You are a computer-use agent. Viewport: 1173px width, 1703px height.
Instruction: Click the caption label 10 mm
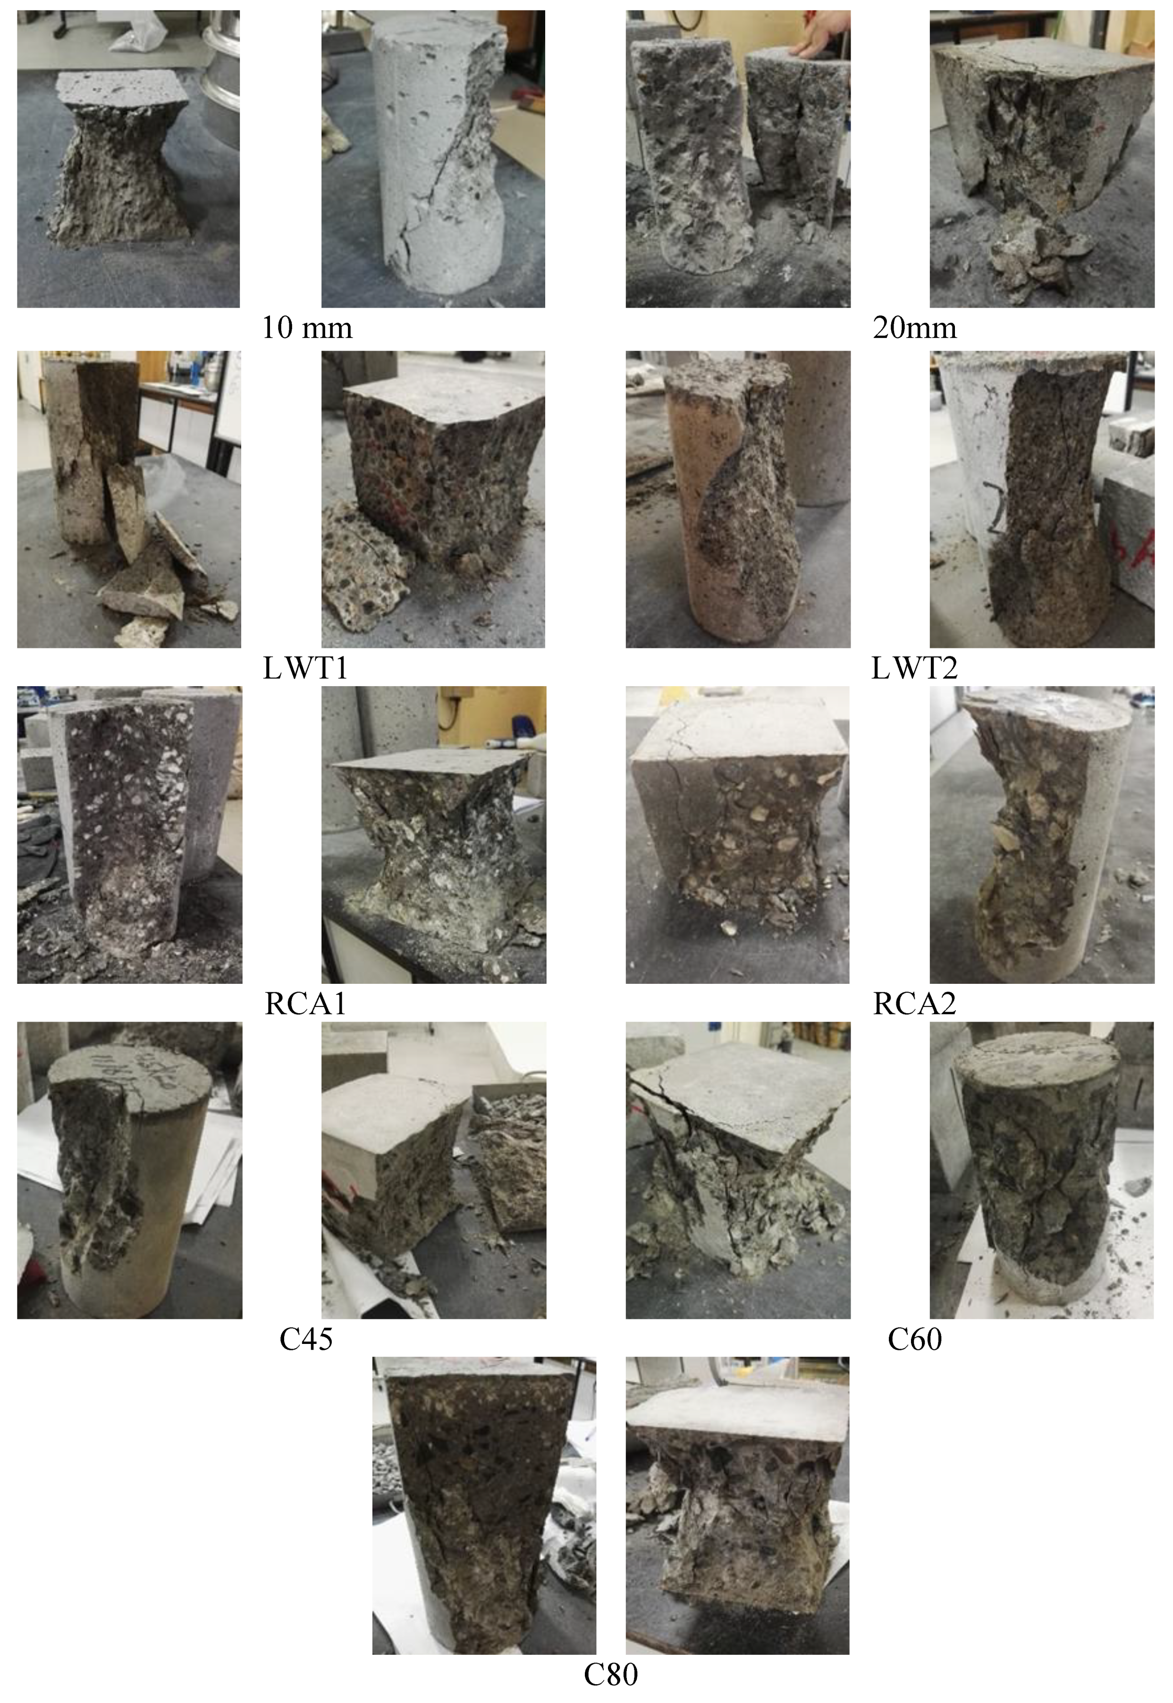307,327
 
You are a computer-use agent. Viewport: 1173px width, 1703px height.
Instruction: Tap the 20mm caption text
915,327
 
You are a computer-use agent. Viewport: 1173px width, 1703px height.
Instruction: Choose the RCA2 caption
914,1004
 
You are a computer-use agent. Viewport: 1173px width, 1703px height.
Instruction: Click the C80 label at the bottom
611,1675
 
